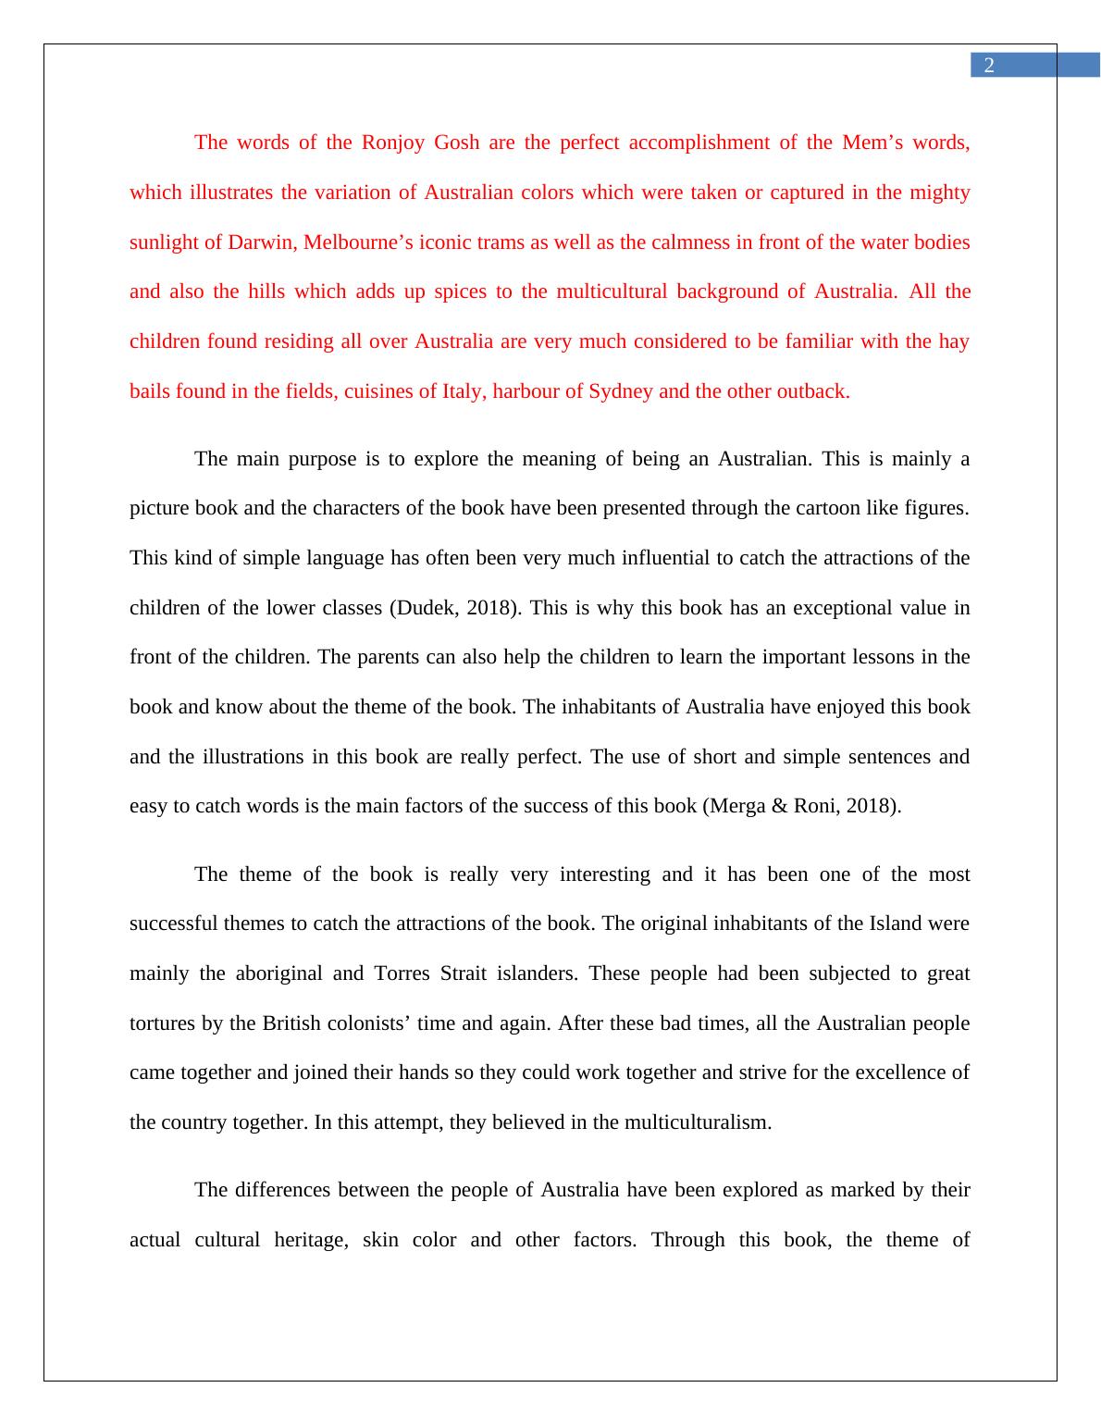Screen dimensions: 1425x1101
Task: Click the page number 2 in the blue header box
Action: click(989, 66)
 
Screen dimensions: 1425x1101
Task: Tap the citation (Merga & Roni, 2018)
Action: click(801, 806)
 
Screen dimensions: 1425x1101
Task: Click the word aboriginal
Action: click(278, 973)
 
